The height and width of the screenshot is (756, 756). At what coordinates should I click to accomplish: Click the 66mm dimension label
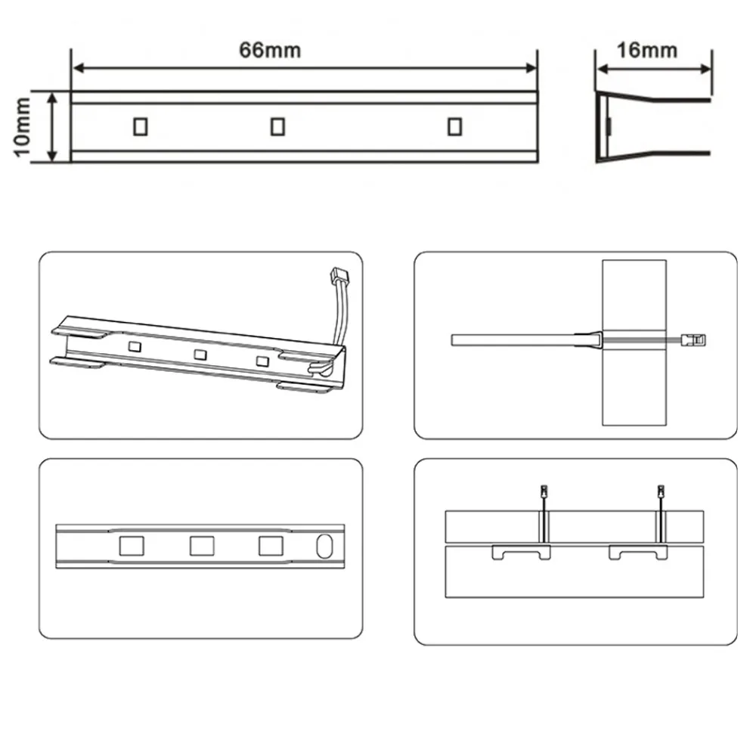pos(270,51)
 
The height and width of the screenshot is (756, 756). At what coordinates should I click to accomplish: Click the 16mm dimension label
pos(646,51)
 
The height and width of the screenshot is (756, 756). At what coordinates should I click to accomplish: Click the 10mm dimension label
pos(23,127)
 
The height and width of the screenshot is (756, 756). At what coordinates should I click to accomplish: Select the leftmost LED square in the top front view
pos(140,127)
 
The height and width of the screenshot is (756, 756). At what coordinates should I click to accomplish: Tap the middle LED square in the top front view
pos(277,127)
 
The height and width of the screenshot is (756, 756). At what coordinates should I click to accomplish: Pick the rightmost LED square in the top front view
pos(454,127)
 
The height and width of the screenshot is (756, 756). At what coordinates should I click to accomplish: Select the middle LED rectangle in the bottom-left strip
pos(202,546)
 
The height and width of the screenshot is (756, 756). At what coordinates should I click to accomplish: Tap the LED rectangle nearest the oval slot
pos(271,546)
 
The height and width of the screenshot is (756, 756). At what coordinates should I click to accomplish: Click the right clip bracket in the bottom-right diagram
pos(640,553)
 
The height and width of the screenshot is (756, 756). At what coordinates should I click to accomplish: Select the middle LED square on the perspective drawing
pos(200,354)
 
